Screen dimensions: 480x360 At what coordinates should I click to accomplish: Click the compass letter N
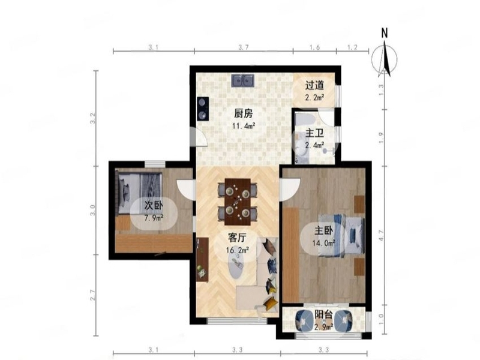[385, 33]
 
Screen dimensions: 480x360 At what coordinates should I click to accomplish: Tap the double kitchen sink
[243, 80]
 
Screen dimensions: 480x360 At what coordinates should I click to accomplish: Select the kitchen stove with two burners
[203, 109]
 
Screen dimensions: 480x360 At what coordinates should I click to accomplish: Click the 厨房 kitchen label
[244, 114]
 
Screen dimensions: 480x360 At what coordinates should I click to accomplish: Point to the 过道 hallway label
[314, 85]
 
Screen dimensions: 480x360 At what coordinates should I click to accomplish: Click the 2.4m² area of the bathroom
[314, 146]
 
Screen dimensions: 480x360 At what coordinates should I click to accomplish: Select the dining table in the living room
[237, 202]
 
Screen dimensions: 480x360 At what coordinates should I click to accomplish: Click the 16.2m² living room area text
[237, 250]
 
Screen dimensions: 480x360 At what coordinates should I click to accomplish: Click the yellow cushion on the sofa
[271, 304]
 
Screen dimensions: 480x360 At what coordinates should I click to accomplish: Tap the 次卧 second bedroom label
[154, 205]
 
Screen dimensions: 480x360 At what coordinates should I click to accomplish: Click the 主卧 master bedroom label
[323, 230]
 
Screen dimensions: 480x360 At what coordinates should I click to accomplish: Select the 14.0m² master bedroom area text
[323, 243]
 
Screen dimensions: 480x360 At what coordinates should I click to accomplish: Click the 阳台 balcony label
[323, 314]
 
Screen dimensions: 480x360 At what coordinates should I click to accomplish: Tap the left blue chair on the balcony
[304, 321]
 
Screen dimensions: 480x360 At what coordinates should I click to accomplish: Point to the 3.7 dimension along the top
[244, 47]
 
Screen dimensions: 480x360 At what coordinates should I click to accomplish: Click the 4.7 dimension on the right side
[381, 235]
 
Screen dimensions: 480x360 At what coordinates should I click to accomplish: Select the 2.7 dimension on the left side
[94, 295]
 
